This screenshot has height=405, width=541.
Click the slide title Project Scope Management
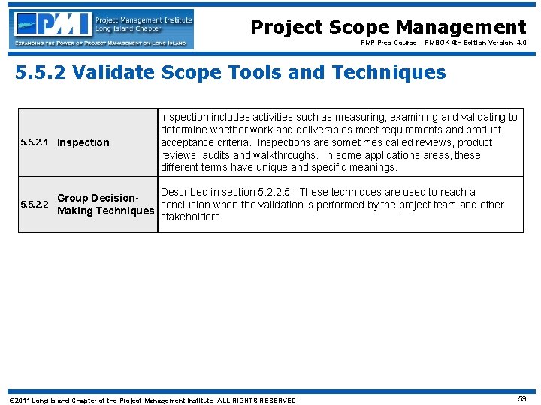[388, 28]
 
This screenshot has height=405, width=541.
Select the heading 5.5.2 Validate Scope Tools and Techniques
[231, 73]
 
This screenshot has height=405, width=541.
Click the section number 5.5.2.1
[35, 142]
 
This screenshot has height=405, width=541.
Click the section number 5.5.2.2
[35, 205]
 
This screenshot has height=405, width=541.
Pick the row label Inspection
[83, 142]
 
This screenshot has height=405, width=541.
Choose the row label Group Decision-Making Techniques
[105, 205]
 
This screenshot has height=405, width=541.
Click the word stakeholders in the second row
[192, 217]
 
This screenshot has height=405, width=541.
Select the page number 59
[522, 400]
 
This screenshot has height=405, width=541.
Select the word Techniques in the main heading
[391, 73]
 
